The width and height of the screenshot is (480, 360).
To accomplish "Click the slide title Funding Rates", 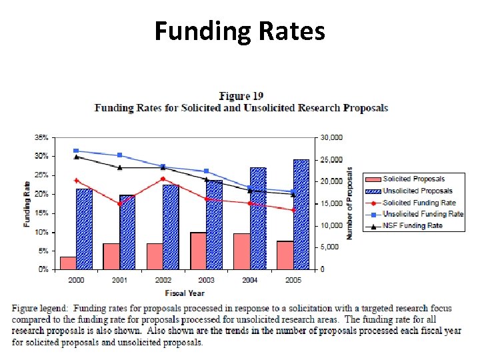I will (240, 31).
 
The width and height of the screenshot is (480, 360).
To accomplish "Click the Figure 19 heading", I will (241, 97).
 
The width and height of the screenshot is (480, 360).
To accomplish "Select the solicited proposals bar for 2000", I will (68, 263).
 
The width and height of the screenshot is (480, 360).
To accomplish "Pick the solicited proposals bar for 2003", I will (198, 251).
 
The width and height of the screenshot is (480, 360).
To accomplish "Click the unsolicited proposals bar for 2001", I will (127, 232).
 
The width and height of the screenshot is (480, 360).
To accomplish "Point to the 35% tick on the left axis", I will (41, 137).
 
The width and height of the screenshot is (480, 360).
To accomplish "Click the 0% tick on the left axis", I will (43, 269).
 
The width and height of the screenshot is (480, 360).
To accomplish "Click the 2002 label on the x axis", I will (163, 280).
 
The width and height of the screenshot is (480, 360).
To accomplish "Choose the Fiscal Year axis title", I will (184, 293).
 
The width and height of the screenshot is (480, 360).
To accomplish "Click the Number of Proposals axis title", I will (349, 203).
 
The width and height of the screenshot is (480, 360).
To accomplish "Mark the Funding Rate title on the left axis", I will (27, 203).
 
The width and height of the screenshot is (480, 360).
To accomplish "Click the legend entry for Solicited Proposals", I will (413, 179).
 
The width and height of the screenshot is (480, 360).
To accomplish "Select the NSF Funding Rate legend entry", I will (413, 226).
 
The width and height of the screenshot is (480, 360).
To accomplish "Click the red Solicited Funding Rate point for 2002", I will (163, 179).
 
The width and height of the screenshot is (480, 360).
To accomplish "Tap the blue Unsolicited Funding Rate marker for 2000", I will (76, 151).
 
